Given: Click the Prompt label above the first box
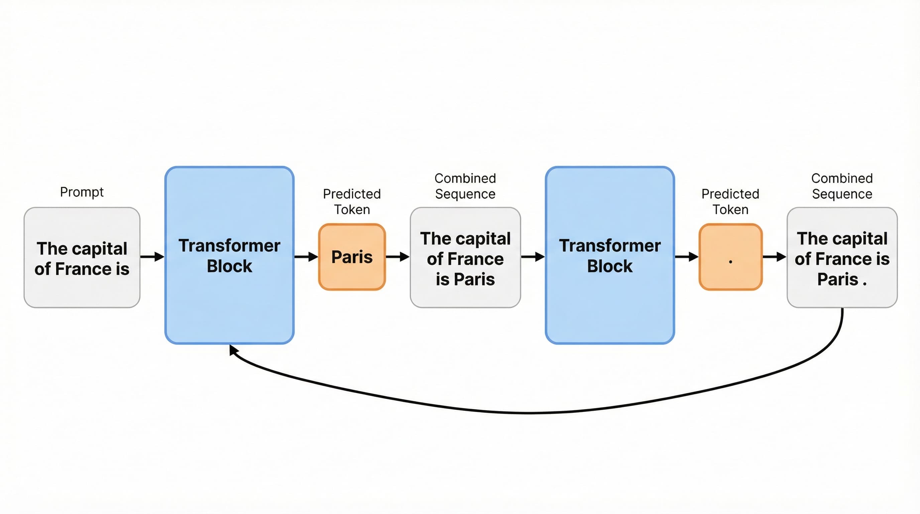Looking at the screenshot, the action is (x=82, y=192).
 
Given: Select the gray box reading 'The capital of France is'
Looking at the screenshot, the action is (x=82, y=257).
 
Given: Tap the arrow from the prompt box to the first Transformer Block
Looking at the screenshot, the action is (x=152, y=257).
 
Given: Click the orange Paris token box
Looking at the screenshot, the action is (x=352, y=257).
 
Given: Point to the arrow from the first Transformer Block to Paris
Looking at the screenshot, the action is (x=306, y=257).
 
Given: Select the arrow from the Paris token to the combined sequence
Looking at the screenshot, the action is (x=398, y=257).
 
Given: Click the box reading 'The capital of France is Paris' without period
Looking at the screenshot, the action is (x=465, y=257).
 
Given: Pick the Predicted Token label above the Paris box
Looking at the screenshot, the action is (x=352, y=201).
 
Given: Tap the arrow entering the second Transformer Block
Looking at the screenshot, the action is (x=533, y=257).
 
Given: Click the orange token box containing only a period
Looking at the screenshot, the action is (x=730, y=257).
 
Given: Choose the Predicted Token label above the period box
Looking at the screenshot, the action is (x=730, y=201).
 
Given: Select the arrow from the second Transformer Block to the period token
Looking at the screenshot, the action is (x=686, y=257).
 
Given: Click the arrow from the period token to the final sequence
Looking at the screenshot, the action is (x=775, y=257).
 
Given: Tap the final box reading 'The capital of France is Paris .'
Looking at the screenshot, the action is (x=842, y=257).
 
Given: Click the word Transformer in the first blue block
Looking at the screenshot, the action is (x=229, y=246).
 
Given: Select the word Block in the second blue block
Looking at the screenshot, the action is (x=610, y=266).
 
